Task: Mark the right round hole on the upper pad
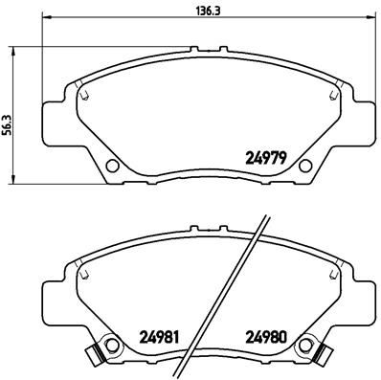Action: [x=305, y=166]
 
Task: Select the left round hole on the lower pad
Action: [x=111, y=344]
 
